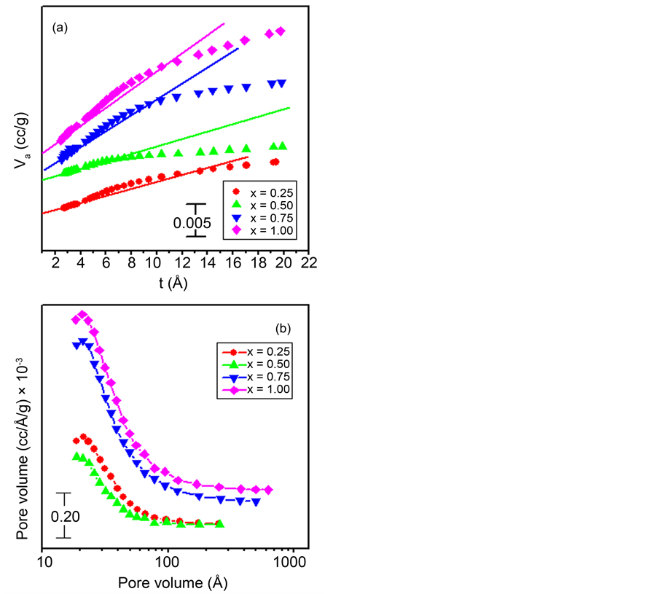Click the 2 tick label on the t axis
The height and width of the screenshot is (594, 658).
(55, 263)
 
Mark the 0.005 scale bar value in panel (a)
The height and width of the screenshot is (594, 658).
(192, 223)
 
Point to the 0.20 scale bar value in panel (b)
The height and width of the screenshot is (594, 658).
(65, 517)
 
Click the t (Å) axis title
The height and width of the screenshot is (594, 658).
(173, 284)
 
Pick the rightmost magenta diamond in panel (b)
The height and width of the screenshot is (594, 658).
(268, 490)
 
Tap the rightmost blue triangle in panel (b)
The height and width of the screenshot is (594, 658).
(256, 501)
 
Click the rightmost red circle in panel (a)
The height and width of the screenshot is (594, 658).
(275, 163)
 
